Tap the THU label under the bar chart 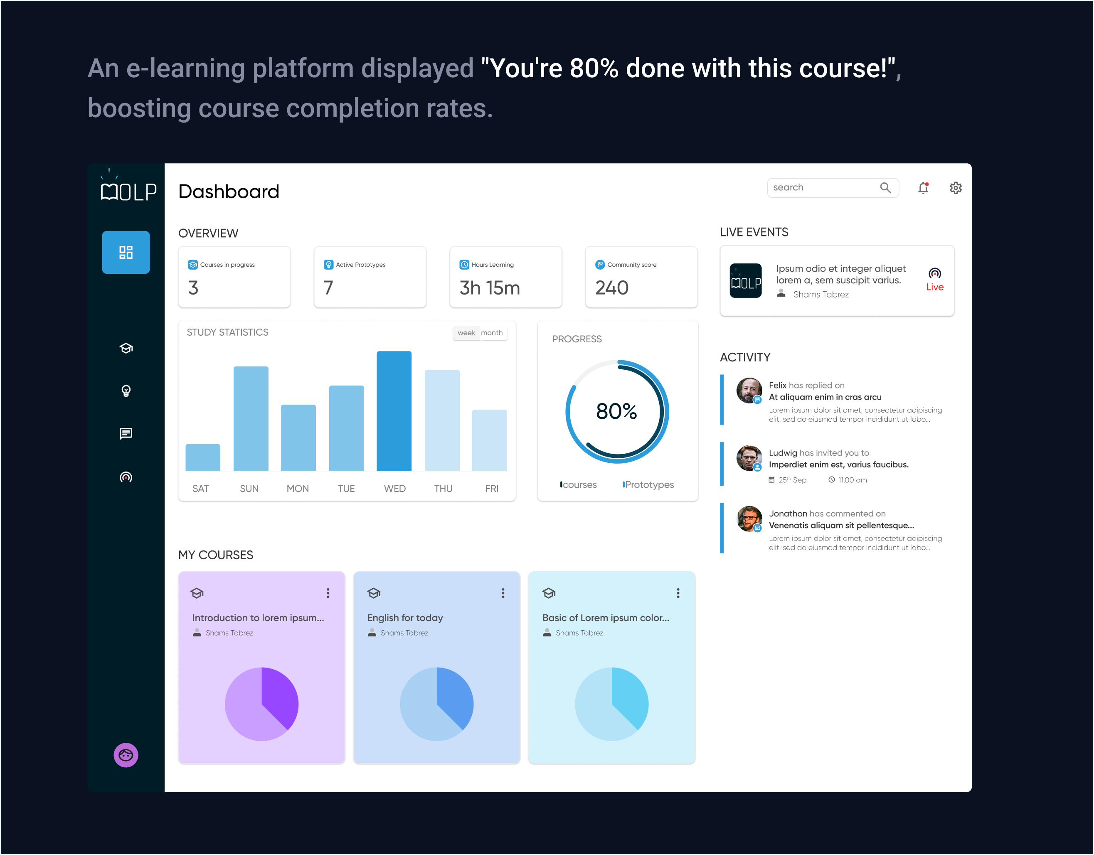tap(443, 489)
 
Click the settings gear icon tap(955, 188)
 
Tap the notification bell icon tap(923, 188)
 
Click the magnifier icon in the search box tap(885, 188)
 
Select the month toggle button tap(491, 333)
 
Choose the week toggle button tap(466, 333)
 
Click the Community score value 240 tap(611, 288)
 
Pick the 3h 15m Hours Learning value tap(489, 288)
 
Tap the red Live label tap(934, 287)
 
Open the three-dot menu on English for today tap(503, 593)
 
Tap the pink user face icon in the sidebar tap(126, 755)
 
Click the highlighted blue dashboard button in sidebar tap(126, 252)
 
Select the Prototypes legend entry tap(649, 484)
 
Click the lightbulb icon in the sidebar tap(126, 391)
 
